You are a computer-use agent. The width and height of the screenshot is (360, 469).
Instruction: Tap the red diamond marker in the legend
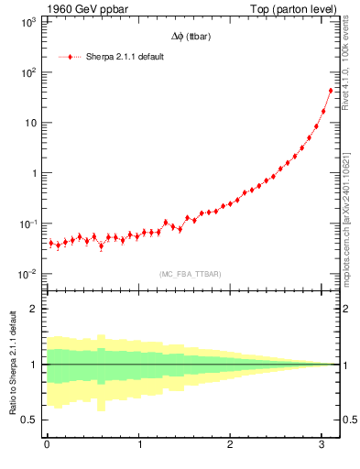pyautogui.click(x=70, y=57)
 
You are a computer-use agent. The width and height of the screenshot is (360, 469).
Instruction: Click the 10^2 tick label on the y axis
pyautogui.click(x=27, y=72)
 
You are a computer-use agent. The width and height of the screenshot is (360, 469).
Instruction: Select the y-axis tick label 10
pyautogui.click(x=28, y=123)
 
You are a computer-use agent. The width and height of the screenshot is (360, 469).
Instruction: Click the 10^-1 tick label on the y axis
pyautogui.click(x=27, y=224)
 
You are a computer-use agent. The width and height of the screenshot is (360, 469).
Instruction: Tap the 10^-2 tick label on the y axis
pyautogui.click(x=27, y=274)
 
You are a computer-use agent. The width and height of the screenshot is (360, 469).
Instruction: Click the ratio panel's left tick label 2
pyautogui.click(x=35, y=309)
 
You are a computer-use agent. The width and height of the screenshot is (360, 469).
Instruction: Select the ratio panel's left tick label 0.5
pyautogui.click(x=30, y=420)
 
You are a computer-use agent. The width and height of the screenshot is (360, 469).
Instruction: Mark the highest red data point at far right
pyautogui.click(x=331, y=91)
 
